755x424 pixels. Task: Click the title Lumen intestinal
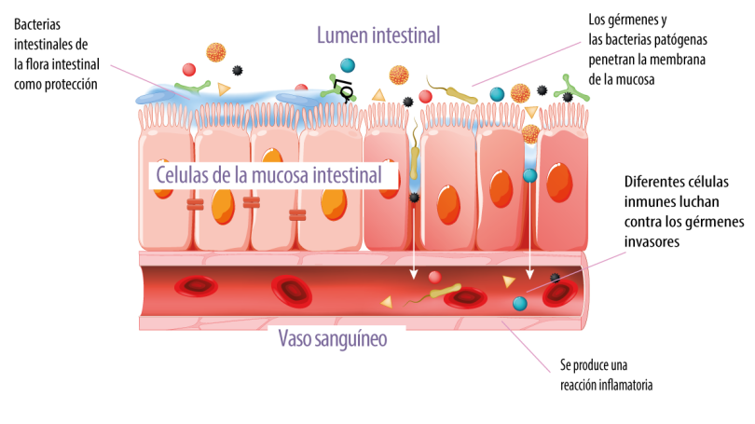377,35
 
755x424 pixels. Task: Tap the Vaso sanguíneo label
333,338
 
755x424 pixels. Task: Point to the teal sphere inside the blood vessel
518,304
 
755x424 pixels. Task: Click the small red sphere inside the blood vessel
434,277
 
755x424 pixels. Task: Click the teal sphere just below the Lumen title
348,65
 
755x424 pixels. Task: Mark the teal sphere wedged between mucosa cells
529,175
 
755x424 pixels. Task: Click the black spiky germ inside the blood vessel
556,277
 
